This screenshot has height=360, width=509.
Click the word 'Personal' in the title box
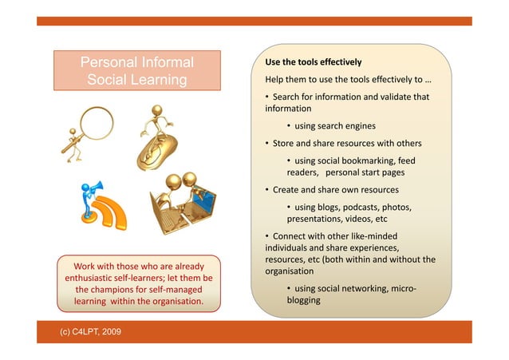(x=106, y=61)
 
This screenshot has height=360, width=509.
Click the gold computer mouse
(x=156, y=152)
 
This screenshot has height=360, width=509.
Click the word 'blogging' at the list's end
(x=303, y=300)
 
